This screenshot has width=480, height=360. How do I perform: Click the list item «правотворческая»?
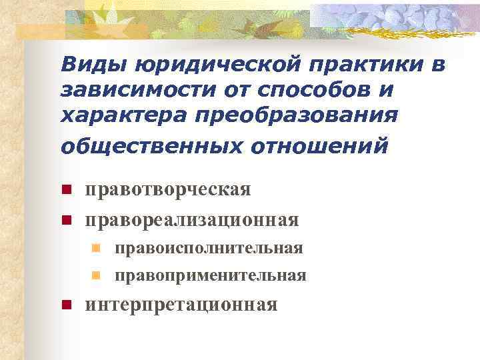(x=168, y=189)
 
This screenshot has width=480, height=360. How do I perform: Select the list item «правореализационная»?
(x=191, y=219)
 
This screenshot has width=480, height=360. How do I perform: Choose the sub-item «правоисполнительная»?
(x=209, y=248)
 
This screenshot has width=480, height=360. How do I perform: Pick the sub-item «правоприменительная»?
(x=210, y=275)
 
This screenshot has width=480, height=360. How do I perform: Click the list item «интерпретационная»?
(x=181, y=305)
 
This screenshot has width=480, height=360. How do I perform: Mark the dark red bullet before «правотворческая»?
(x=65, y=190)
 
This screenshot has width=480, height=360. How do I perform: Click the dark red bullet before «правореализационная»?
(x=65, y=219)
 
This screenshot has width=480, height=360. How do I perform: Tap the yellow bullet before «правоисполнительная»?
(x=96, y=249)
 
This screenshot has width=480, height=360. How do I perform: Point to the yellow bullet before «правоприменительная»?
(x=96, y=275)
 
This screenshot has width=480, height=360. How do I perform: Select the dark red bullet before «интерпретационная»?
(x=65, y=305)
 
